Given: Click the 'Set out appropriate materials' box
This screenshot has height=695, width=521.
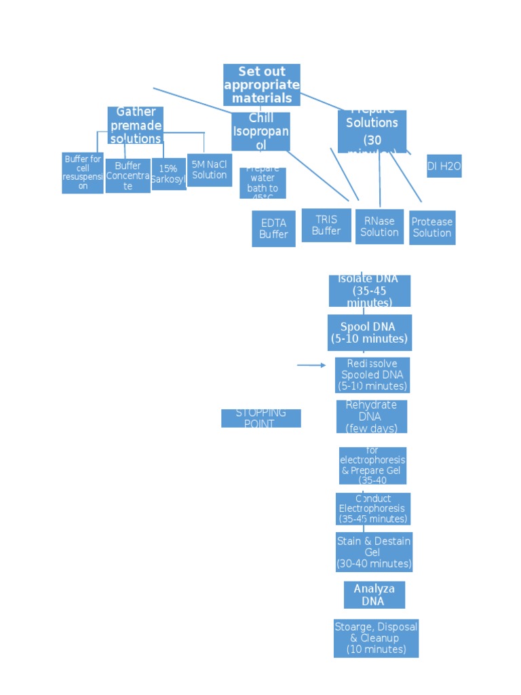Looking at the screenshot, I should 262,85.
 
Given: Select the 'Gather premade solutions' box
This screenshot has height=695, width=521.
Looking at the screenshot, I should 136,125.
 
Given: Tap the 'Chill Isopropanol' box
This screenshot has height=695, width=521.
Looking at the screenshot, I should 260,132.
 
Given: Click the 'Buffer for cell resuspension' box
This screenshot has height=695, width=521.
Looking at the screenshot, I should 83,172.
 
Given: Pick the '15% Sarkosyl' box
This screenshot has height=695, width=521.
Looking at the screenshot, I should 168,174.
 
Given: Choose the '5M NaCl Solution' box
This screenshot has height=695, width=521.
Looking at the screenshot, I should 210,170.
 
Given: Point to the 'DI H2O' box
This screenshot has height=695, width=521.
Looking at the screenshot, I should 444,166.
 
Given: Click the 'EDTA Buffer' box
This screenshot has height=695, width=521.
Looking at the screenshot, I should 273,229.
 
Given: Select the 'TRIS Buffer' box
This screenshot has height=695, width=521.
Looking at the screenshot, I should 326,225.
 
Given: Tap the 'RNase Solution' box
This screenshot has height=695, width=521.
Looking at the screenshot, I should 379,227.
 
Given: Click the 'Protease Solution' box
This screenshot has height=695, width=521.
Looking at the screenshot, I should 432,227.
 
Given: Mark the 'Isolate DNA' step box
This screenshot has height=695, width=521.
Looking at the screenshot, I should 370,290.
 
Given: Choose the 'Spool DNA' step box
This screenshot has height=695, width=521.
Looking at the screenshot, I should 370,333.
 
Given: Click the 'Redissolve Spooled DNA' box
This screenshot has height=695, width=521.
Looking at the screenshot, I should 372,375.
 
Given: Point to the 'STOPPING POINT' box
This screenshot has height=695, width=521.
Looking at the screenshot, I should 261,418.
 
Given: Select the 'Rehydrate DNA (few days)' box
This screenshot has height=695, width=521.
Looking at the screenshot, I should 372,417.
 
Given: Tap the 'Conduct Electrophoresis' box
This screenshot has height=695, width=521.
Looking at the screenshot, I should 373,509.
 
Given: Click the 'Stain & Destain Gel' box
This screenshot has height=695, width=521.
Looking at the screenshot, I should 374,552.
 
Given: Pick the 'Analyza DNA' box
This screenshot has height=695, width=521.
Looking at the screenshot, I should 374,595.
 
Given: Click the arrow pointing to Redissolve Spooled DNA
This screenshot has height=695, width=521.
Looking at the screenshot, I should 311,365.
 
